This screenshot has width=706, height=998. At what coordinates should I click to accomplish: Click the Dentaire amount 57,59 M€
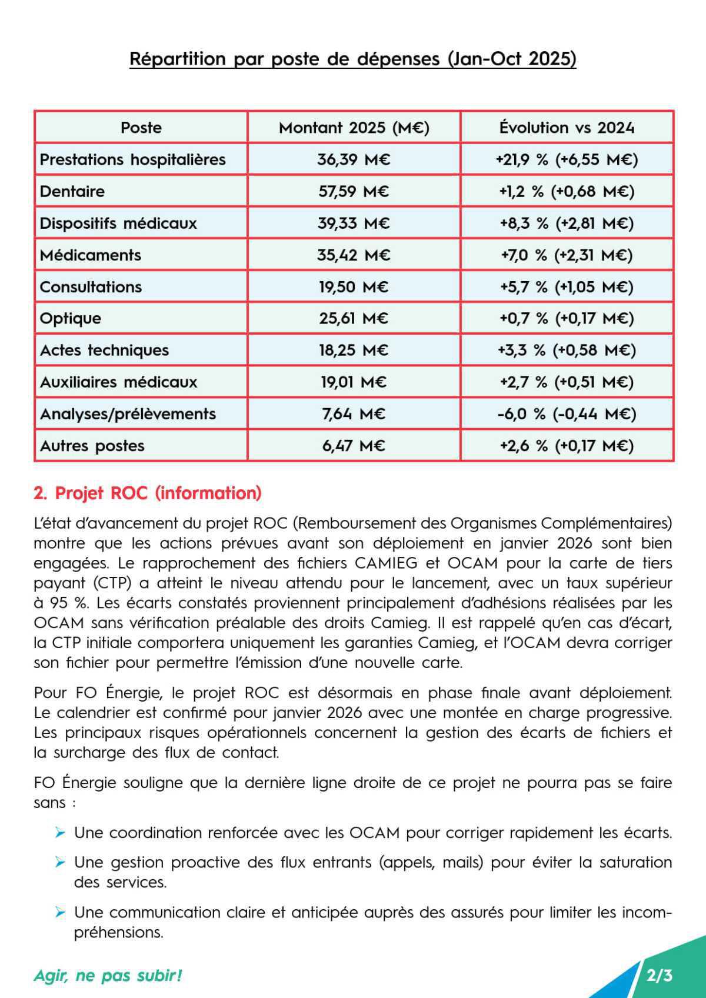point(354,192)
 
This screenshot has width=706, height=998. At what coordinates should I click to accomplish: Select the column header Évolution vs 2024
point(567,128)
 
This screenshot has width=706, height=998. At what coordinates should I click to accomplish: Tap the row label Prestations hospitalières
point(132,160)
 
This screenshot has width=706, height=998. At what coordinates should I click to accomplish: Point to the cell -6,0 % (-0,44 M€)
point(567,414)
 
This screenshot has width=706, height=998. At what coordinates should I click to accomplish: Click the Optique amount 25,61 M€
point(354,319)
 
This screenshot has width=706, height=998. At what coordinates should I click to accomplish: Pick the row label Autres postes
point(92,446)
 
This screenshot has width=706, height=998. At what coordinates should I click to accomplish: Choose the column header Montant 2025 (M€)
point(354,128)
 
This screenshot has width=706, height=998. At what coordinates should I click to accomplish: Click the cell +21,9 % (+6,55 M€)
point(567,160)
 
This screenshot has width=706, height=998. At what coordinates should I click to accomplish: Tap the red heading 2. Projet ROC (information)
point(148,493)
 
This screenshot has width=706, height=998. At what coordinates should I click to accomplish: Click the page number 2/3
point(659,976)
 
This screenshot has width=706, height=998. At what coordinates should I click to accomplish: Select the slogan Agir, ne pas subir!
point(108,976)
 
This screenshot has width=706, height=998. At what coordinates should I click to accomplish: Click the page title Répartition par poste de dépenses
point(352,59)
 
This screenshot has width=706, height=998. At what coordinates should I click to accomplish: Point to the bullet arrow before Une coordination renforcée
point(59,832)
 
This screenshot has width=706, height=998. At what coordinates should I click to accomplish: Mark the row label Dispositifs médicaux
point(118,223)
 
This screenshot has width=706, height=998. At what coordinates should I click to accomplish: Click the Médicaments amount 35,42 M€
point(354,255)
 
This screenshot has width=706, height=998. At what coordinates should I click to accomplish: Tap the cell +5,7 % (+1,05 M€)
point(567,287)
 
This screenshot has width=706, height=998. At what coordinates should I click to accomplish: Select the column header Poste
point(141,128)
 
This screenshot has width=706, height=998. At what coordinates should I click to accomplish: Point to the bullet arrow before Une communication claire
point(59,912)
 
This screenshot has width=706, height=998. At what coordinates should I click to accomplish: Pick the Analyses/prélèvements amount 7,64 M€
point(354,414)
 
